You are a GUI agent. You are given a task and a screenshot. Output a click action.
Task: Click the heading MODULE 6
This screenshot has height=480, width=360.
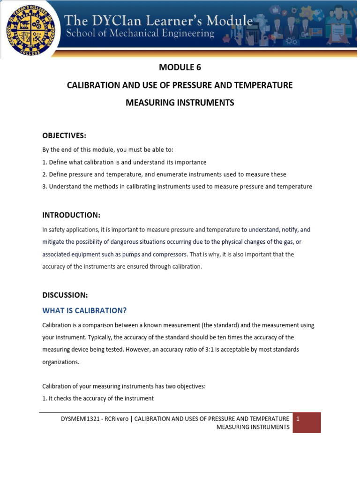click(x=180, y=67)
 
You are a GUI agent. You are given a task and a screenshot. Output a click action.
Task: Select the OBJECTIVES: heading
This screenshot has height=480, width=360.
click(x=64, y=135)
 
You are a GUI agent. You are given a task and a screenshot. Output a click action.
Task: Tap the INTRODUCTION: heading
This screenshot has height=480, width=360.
click(x=71, y=215)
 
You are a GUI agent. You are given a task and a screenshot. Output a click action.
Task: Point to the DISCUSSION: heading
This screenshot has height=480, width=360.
click(x=65, y=295)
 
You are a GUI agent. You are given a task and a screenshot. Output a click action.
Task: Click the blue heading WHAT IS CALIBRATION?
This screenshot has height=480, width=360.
click(x=85, y=310)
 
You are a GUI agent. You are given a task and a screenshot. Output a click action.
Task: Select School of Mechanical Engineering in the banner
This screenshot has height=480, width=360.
click(x=140, y=34)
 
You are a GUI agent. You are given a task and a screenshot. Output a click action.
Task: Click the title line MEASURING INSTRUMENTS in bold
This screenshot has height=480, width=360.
click(x=180, y=103)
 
